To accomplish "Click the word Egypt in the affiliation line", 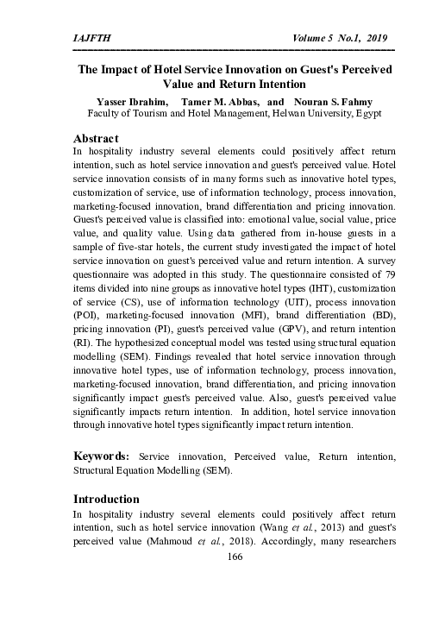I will click(x=367, y=113).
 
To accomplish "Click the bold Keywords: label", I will click(x=102, y=455).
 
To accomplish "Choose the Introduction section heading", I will click(x=106, y=499).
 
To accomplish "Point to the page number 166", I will click(x=234, y=557).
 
